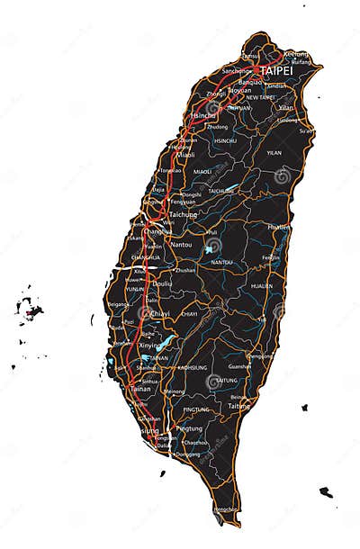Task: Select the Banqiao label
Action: [238, 80]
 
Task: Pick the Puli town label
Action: [211, 231]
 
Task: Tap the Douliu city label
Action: [162, 283]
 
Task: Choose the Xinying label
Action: [150, 345]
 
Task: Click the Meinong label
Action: [175, 391]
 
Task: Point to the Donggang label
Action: [187, 454]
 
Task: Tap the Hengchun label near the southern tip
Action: [225, 509]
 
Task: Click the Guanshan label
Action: [240, 366]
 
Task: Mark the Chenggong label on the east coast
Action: [261, 355]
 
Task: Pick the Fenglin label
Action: [271, 257]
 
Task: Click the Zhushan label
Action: [185, 270]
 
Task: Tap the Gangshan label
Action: [149, 418]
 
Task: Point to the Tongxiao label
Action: [170, 170]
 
